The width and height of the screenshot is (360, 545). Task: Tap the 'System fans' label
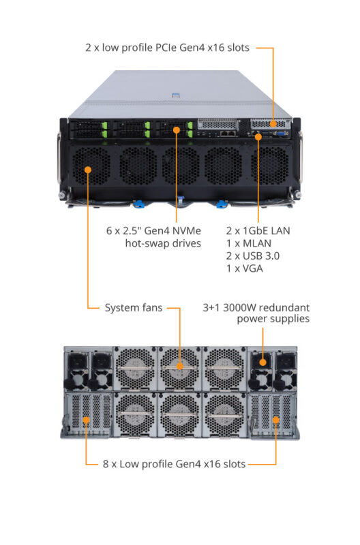[x=133, y=307]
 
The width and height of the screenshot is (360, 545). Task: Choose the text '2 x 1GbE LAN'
[x=257, y=230]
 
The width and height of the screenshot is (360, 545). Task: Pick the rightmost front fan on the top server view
[x=265, y=166]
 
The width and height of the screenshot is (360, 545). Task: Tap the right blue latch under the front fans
[x=221, y=203]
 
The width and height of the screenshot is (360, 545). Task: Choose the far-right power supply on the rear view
[x=284, y=369]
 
